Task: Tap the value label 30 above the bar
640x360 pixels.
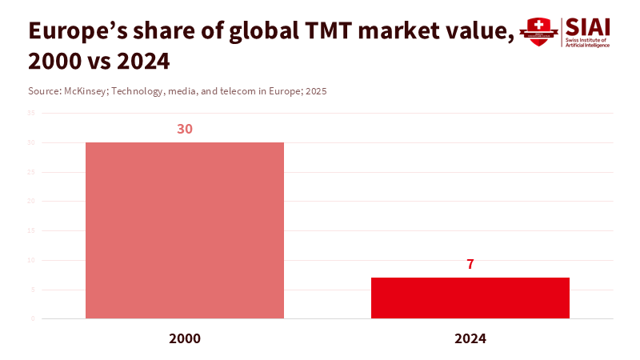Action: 184,129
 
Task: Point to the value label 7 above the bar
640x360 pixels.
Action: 470,264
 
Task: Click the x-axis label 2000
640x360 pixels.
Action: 184,338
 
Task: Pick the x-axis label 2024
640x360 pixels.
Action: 470,338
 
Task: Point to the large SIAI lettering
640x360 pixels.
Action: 588,26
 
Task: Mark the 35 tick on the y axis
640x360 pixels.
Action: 31,114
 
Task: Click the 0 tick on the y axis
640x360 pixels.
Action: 33,318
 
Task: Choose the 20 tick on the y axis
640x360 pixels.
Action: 31,202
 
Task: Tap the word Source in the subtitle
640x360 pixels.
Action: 43,91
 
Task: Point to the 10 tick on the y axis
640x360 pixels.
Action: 31,260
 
